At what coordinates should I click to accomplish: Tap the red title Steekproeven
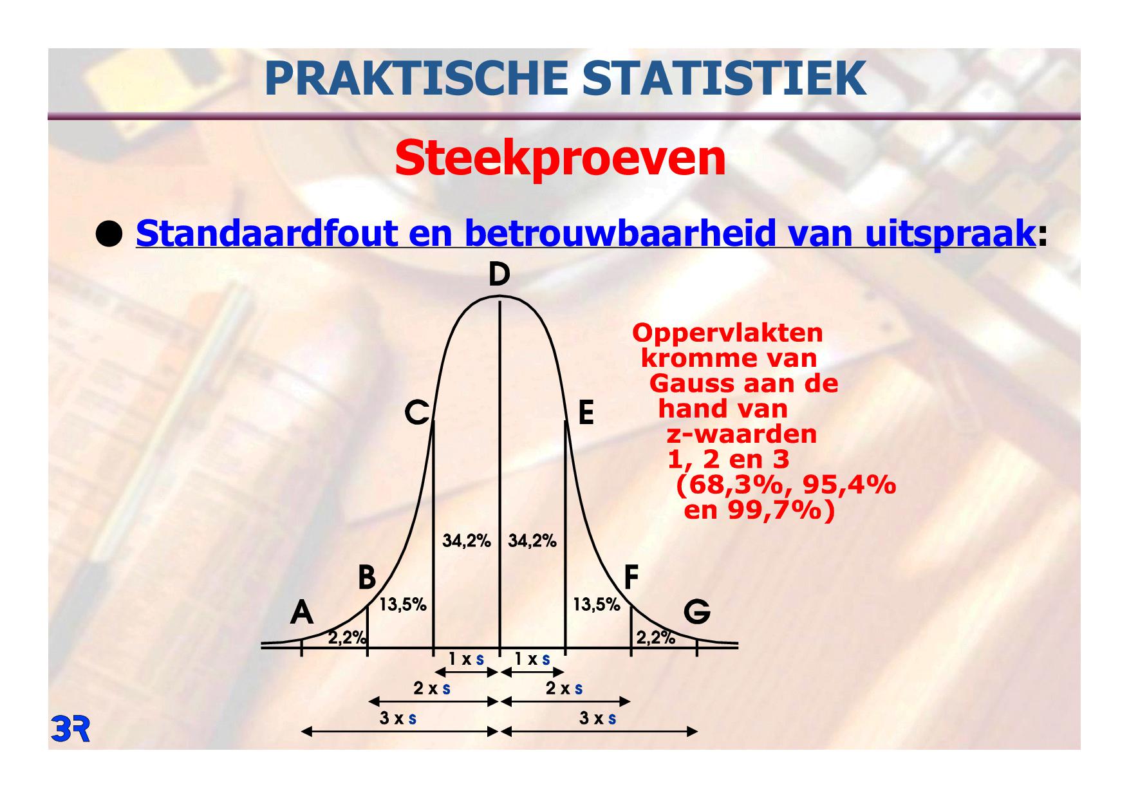tap(560, 158)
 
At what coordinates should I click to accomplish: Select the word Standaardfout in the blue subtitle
tap(266, 233)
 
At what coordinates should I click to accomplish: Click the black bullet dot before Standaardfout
tap(109, 235)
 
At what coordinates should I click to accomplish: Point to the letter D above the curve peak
tap(499, 275)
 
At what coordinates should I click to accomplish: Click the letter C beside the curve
tap(417, 413)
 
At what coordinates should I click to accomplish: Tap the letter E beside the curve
tap(586, 413)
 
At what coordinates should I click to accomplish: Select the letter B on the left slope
tap(367, 577)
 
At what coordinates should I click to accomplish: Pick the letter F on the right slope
tap(631, 577)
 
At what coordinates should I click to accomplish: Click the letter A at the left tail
tap(301, 612)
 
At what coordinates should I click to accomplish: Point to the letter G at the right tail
tap(697, 612)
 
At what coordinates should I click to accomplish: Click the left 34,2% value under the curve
tap(467, 541)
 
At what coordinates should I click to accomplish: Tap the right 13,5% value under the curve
tap(597, 605)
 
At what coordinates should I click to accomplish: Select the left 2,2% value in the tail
tap(348, 638)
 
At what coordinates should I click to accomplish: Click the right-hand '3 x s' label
tap(598, 718)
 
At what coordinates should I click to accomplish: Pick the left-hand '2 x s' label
tap(432, 689)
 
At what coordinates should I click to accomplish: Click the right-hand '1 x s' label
tap(532, 659)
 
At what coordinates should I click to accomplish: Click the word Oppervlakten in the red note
tap(727, 333)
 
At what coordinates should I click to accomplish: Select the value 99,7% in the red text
tap(774, 511)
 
